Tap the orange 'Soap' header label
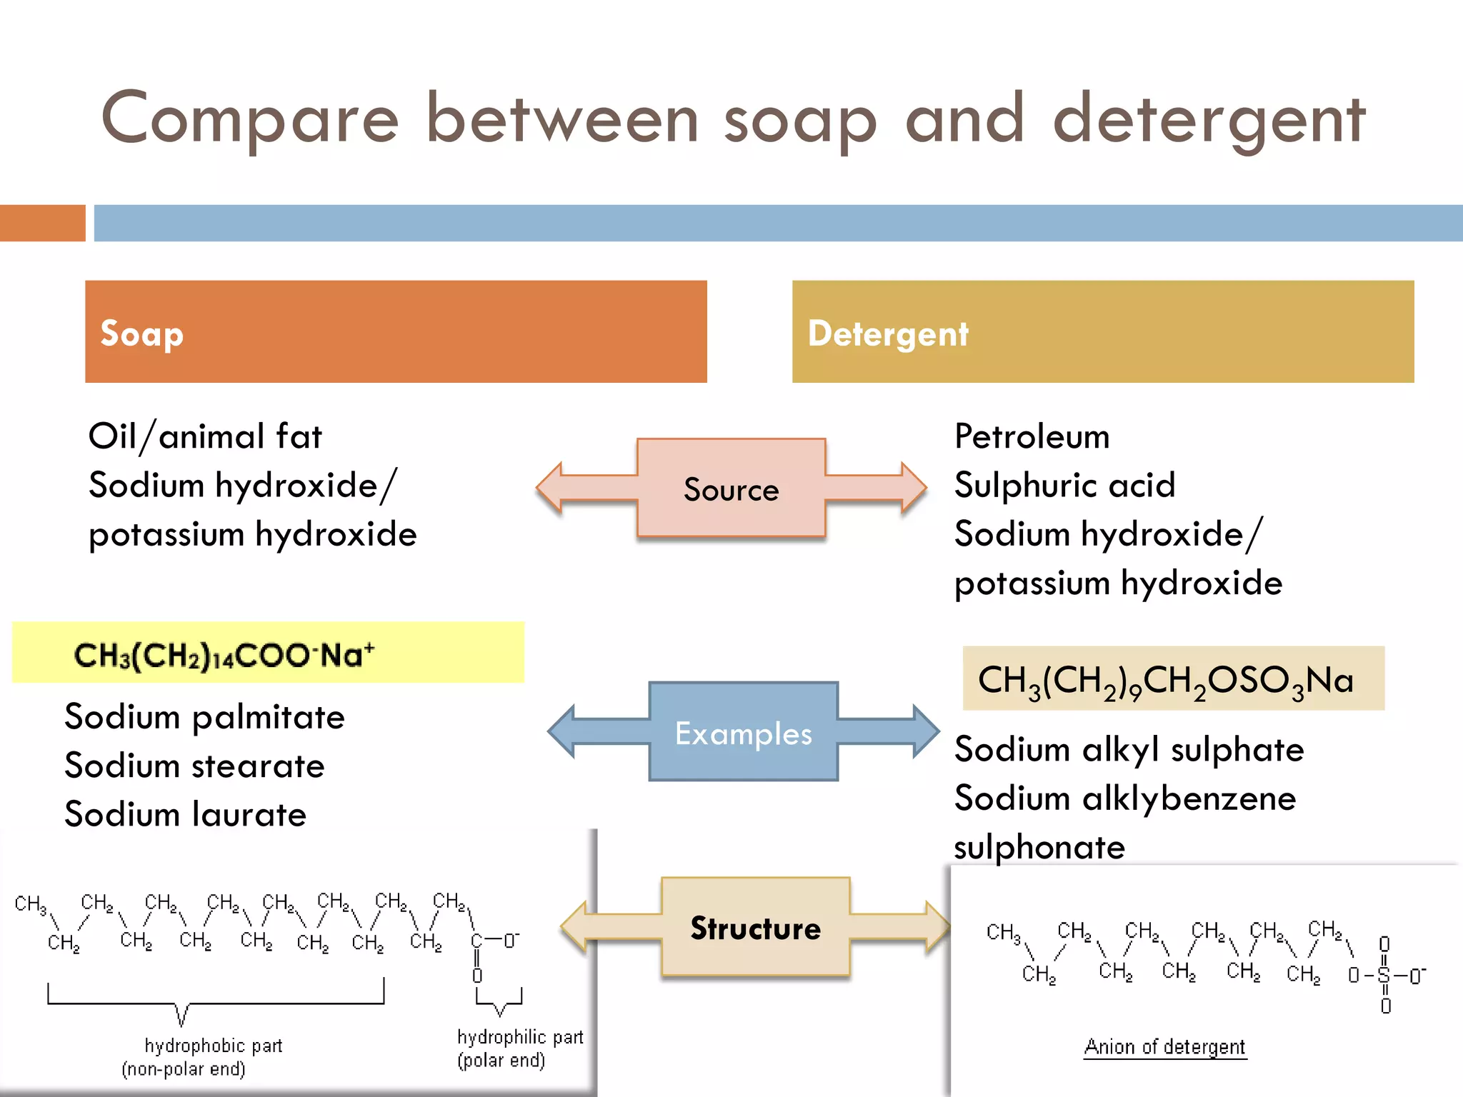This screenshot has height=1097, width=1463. [142, 334]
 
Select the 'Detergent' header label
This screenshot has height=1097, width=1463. [888, 334]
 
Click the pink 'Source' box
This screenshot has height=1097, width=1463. [731, 489]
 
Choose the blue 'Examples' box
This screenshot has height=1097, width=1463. [743, 733]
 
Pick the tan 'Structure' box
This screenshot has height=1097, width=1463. [755, 928]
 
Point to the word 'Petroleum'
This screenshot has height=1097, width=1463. [1032, 436]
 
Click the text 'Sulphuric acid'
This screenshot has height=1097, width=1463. [1064, 486]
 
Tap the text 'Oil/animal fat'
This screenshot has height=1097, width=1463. [205, 436]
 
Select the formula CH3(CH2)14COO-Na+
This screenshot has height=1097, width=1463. [224, 655]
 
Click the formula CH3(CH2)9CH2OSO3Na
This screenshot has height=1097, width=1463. [1165, 680]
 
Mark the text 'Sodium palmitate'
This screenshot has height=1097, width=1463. [204, 717]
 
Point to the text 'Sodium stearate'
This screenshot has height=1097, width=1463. [194, 766]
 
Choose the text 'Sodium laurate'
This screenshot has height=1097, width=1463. [185, 814]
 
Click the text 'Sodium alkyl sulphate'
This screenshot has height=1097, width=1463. [1129, 750]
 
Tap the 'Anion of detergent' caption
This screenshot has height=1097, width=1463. [1164, 1047]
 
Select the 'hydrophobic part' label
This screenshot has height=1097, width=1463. [213, 1046]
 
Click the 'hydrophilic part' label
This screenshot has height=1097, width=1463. [520, 1037]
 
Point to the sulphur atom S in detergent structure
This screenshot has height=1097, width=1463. [1384, 975]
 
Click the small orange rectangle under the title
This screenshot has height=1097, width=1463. [43, 223]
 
